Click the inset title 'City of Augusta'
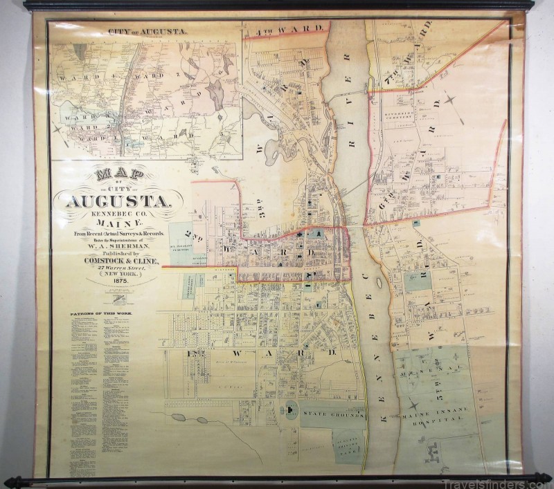[148, 31]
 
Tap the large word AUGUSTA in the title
[116, 201]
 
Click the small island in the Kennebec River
[379, 284]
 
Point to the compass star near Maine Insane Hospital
[413, 405]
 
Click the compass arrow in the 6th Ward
[452, 102]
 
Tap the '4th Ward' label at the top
[296, 28]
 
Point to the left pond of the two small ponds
[178, 418]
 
